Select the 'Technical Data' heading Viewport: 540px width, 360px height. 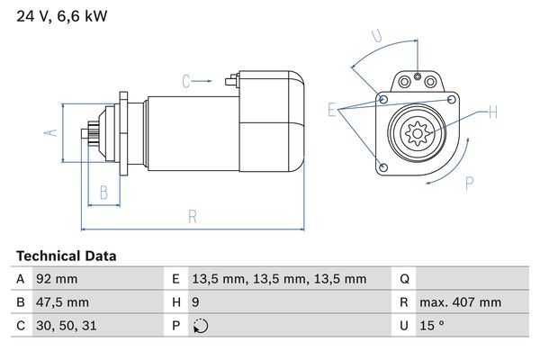coord(66,256)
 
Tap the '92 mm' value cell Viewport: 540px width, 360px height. coord(56,279)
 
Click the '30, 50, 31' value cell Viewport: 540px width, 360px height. coord(64,326)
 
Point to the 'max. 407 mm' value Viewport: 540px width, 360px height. coord(463,302)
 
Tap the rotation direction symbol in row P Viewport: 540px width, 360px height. coord(201,326)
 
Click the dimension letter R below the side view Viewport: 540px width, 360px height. coord(192,216)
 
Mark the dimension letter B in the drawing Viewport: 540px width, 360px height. coord(104,191)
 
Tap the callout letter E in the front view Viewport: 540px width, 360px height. coord(332,111)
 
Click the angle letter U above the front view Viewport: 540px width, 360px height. coord(375,37)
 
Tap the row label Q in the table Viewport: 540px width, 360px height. coord(404,279)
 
